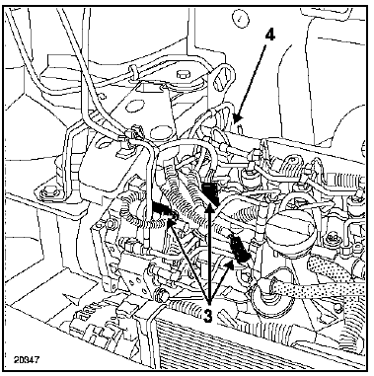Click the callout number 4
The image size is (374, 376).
(x=269, y=36)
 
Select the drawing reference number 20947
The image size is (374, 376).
(x=27, y=359)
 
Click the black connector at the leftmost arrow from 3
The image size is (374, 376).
(x=163, y=211)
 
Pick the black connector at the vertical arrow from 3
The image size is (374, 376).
(x=210, y=193)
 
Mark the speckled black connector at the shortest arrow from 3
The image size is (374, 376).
(x=240, y=249)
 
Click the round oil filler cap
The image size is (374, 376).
(x=290, y=230)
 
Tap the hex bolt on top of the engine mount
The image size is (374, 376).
(x=183, y=74)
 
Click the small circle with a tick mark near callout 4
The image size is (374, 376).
(x=240, y=18)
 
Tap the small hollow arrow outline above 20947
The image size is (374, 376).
(x=72, y=300)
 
